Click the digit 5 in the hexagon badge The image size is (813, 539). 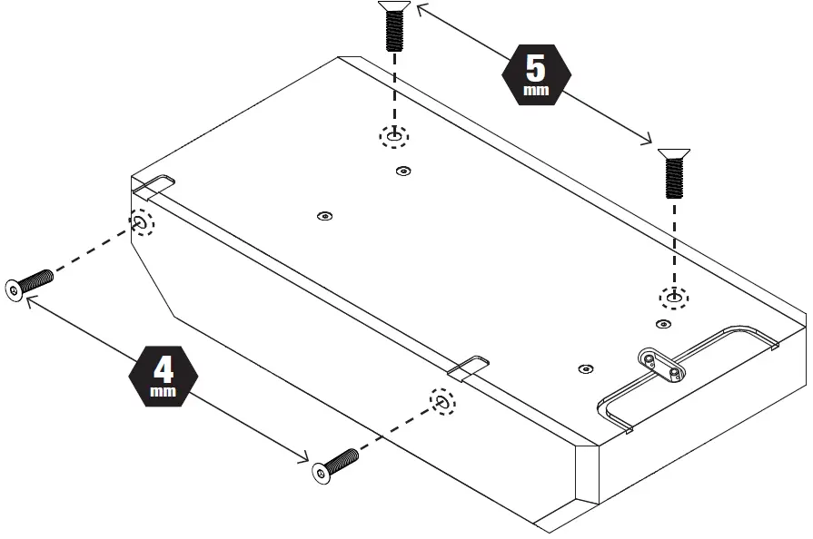coord(537,67)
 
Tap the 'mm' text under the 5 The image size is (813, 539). coord(537,91)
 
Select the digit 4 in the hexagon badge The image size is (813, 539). coord(164,368)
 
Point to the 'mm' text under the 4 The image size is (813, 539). coord(164,393)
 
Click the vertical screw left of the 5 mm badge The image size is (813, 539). coord(393,26)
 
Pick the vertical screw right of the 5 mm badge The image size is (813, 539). coord(673,172)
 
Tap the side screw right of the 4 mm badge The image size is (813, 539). coord(334,465)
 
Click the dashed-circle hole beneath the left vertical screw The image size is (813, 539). coord(394,136)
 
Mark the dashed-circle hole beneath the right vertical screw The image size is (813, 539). coord(673,296)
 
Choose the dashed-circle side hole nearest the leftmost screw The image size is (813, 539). coord(142,221)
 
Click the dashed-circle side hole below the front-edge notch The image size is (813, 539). coord(442,402)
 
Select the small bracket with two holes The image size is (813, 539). coord(660,365)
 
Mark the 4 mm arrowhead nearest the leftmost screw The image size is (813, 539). coord(33,306)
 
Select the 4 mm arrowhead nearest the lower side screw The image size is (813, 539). coord(304,458)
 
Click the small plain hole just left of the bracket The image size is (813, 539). coord(585,368)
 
